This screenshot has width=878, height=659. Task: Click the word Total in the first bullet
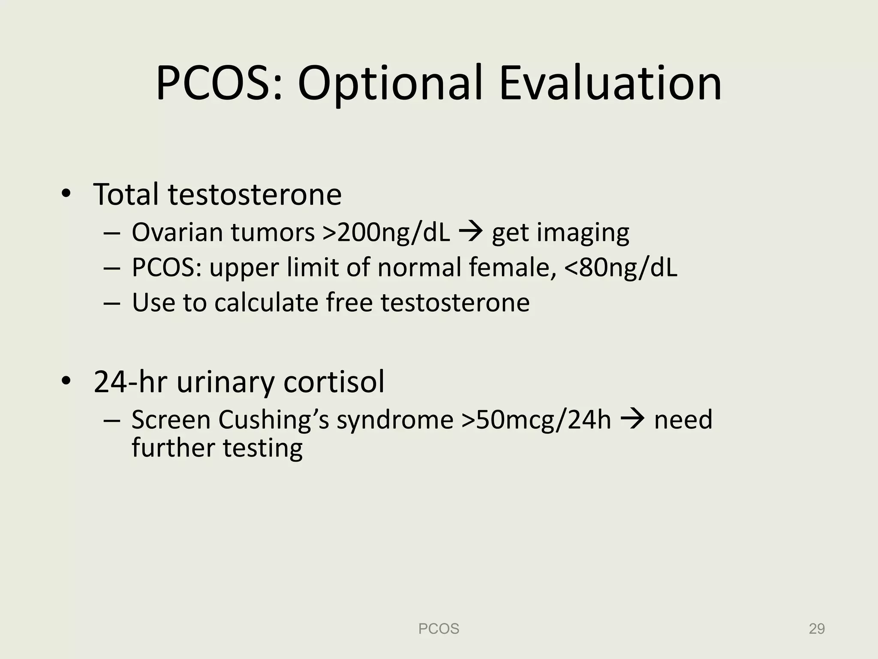[126, 194]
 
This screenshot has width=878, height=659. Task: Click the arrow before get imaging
[471, 232]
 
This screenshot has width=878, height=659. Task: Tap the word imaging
[583, 233]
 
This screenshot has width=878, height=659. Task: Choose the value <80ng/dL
[621, 267]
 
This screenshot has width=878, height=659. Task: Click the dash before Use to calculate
[110, 302]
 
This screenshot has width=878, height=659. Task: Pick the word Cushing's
[273, 420]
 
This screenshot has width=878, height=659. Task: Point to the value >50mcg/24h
[536, 420]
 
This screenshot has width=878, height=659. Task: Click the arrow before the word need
[632, 420]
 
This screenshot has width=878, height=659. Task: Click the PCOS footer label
[439, 629]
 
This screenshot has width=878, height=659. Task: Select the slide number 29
[816, 629]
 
